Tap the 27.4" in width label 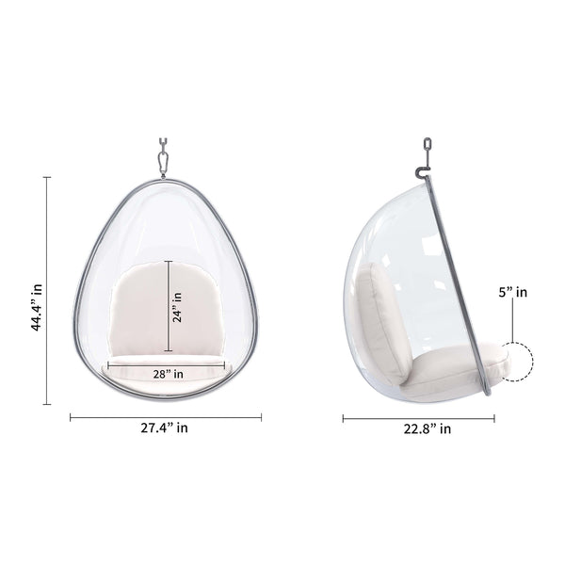click(x=165, y=428)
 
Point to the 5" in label click(x=512, y=292)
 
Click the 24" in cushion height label click(x=177, y=307)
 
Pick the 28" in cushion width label click(x=168, y=374)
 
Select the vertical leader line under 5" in click(x=512, y=320)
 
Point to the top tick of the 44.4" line click(x=47, y=176)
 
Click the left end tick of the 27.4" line click(x=71, y=415)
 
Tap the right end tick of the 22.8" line click(x=492, y=417)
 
